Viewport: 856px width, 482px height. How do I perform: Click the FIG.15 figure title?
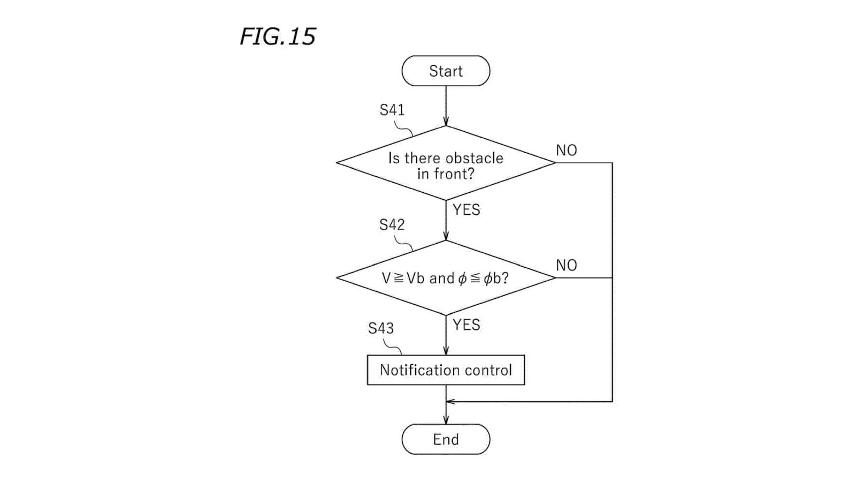(278, 36)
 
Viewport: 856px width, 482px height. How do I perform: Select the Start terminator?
(446, 71)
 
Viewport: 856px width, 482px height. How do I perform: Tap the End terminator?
(446, 439)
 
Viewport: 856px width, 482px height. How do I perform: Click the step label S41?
(392, 110)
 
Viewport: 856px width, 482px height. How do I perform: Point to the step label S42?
(392, 225)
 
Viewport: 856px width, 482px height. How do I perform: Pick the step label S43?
(380, 328)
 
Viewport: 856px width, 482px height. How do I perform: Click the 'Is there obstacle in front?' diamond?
(446, 163)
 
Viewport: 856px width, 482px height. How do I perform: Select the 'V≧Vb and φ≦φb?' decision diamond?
(446, 278)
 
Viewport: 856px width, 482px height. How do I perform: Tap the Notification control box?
(446, 370)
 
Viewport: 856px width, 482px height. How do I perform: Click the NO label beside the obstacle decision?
(566, 150)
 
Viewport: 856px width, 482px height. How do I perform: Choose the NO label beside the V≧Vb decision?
(566, 265)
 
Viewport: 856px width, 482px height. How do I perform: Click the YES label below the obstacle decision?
(466, 210)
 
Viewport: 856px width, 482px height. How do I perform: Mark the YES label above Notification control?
(466, 325)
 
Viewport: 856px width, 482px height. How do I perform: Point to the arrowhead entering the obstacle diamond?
(446, 122)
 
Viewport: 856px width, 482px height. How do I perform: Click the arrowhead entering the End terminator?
(446, 421)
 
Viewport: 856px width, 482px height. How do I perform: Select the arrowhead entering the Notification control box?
(446, 351)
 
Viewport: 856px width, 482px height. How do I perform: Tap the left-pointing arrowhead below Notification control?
(450, 401)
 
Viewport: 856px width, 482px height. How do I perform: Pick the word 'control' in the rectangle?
(489, 370)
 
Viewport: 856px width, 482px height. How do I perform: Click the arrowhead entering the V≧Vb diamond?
(446, 237)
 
